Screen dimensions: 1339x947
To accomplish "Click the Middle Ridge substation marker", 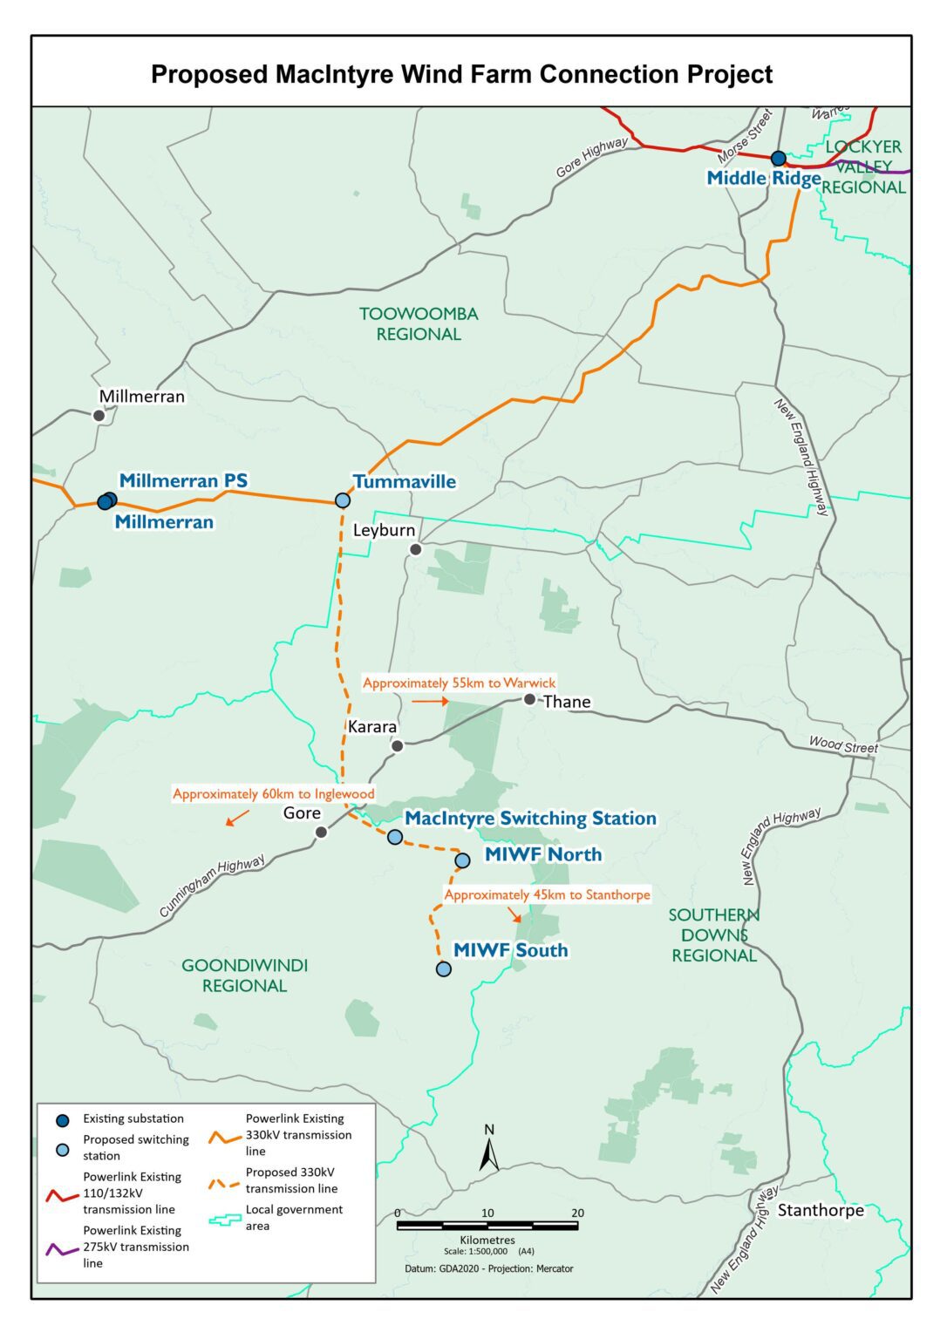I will (778, 159).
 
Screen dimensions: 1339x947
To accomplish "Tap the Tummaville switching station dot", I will (343, 500).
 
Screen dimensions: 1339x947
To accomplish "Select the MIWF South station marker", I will (443, 969).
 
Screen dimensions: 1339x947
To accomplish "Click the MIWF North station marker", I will (462, 860).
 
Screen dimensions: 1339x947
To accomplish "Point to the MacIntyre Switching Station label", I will (530, 819).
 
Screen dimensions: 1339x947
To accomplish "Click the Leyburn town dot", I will (416, 549).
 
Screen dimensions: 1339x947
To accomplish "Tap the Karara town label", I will (372, 727).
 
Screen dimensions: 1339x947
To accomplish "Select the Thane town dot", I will (529, 699).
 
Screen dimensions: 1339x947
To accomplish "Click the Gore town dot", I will (321, 833).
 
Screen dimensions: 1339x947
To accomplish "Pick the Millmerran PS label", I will (183, 480).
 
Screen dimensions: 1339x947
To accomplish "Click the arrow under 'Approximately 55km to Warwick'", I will (430, 701).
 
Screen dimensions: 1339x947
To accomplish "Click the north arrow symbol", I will (489, 1150).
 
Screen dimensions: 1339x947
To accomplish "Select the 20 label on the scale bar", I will (577, 1213).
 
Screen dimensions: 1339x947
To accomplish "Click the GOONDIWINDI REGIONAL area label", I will (244, 975).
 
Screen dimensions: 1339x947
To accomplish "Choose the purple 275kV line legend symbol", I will (61, 1248).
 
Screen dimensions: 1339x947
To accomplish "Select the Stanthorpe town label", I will (821, 1210).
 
